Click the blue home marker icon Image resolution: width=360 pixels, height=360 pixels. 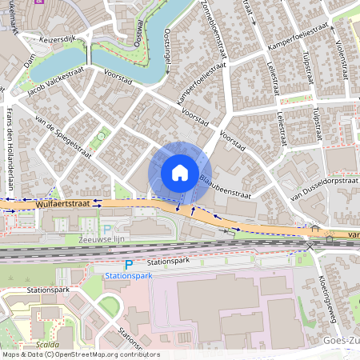pyautogui.click(x=180, y=173)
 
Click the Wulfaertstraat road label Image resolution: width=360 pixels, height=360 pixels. pyautogui.click(x=59, y=206)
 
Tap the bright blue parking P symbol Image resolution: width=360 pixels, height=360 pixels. pyautogui.click(x=129, y=264)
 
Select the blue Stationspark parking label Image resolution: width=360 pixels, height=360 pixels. pyautogui.click(x=128, y=275)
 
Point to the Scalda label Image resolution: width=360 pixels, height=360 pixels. pyautogui.click(x=45, y=344)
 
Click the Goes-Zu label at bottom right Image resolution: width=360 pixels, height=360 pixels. pyautogui.click(x=342, y=340)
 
